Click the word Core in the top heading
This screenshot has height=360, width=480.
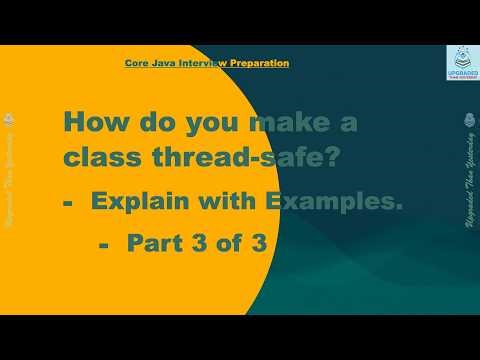point(136,63)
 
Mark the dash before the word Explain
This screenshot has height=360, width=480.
point(70,204)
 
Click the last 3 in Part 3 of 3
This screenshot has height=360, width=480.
point(258,242)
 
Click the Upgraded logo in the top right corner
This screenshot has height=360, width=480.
point(461,66)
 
